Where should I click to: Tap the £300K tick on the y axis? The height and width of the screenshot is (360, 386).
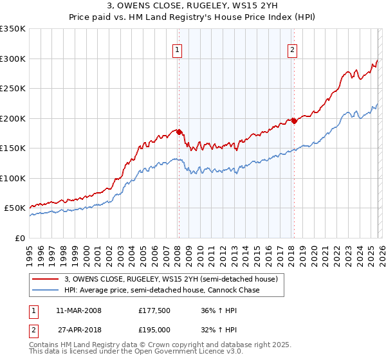13,59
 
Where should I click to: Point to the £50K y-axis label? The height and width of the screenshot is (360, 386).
15,208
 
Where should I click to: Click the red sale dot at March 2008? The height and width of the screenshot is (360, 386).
179,132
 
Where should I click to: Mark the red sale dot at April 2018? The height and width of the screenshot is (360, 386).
293,121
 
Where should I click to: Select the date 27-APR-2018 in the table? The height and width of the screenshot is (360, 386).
79,328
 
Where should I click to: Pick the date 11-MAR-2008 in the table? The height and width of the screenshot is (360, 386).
79,310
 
